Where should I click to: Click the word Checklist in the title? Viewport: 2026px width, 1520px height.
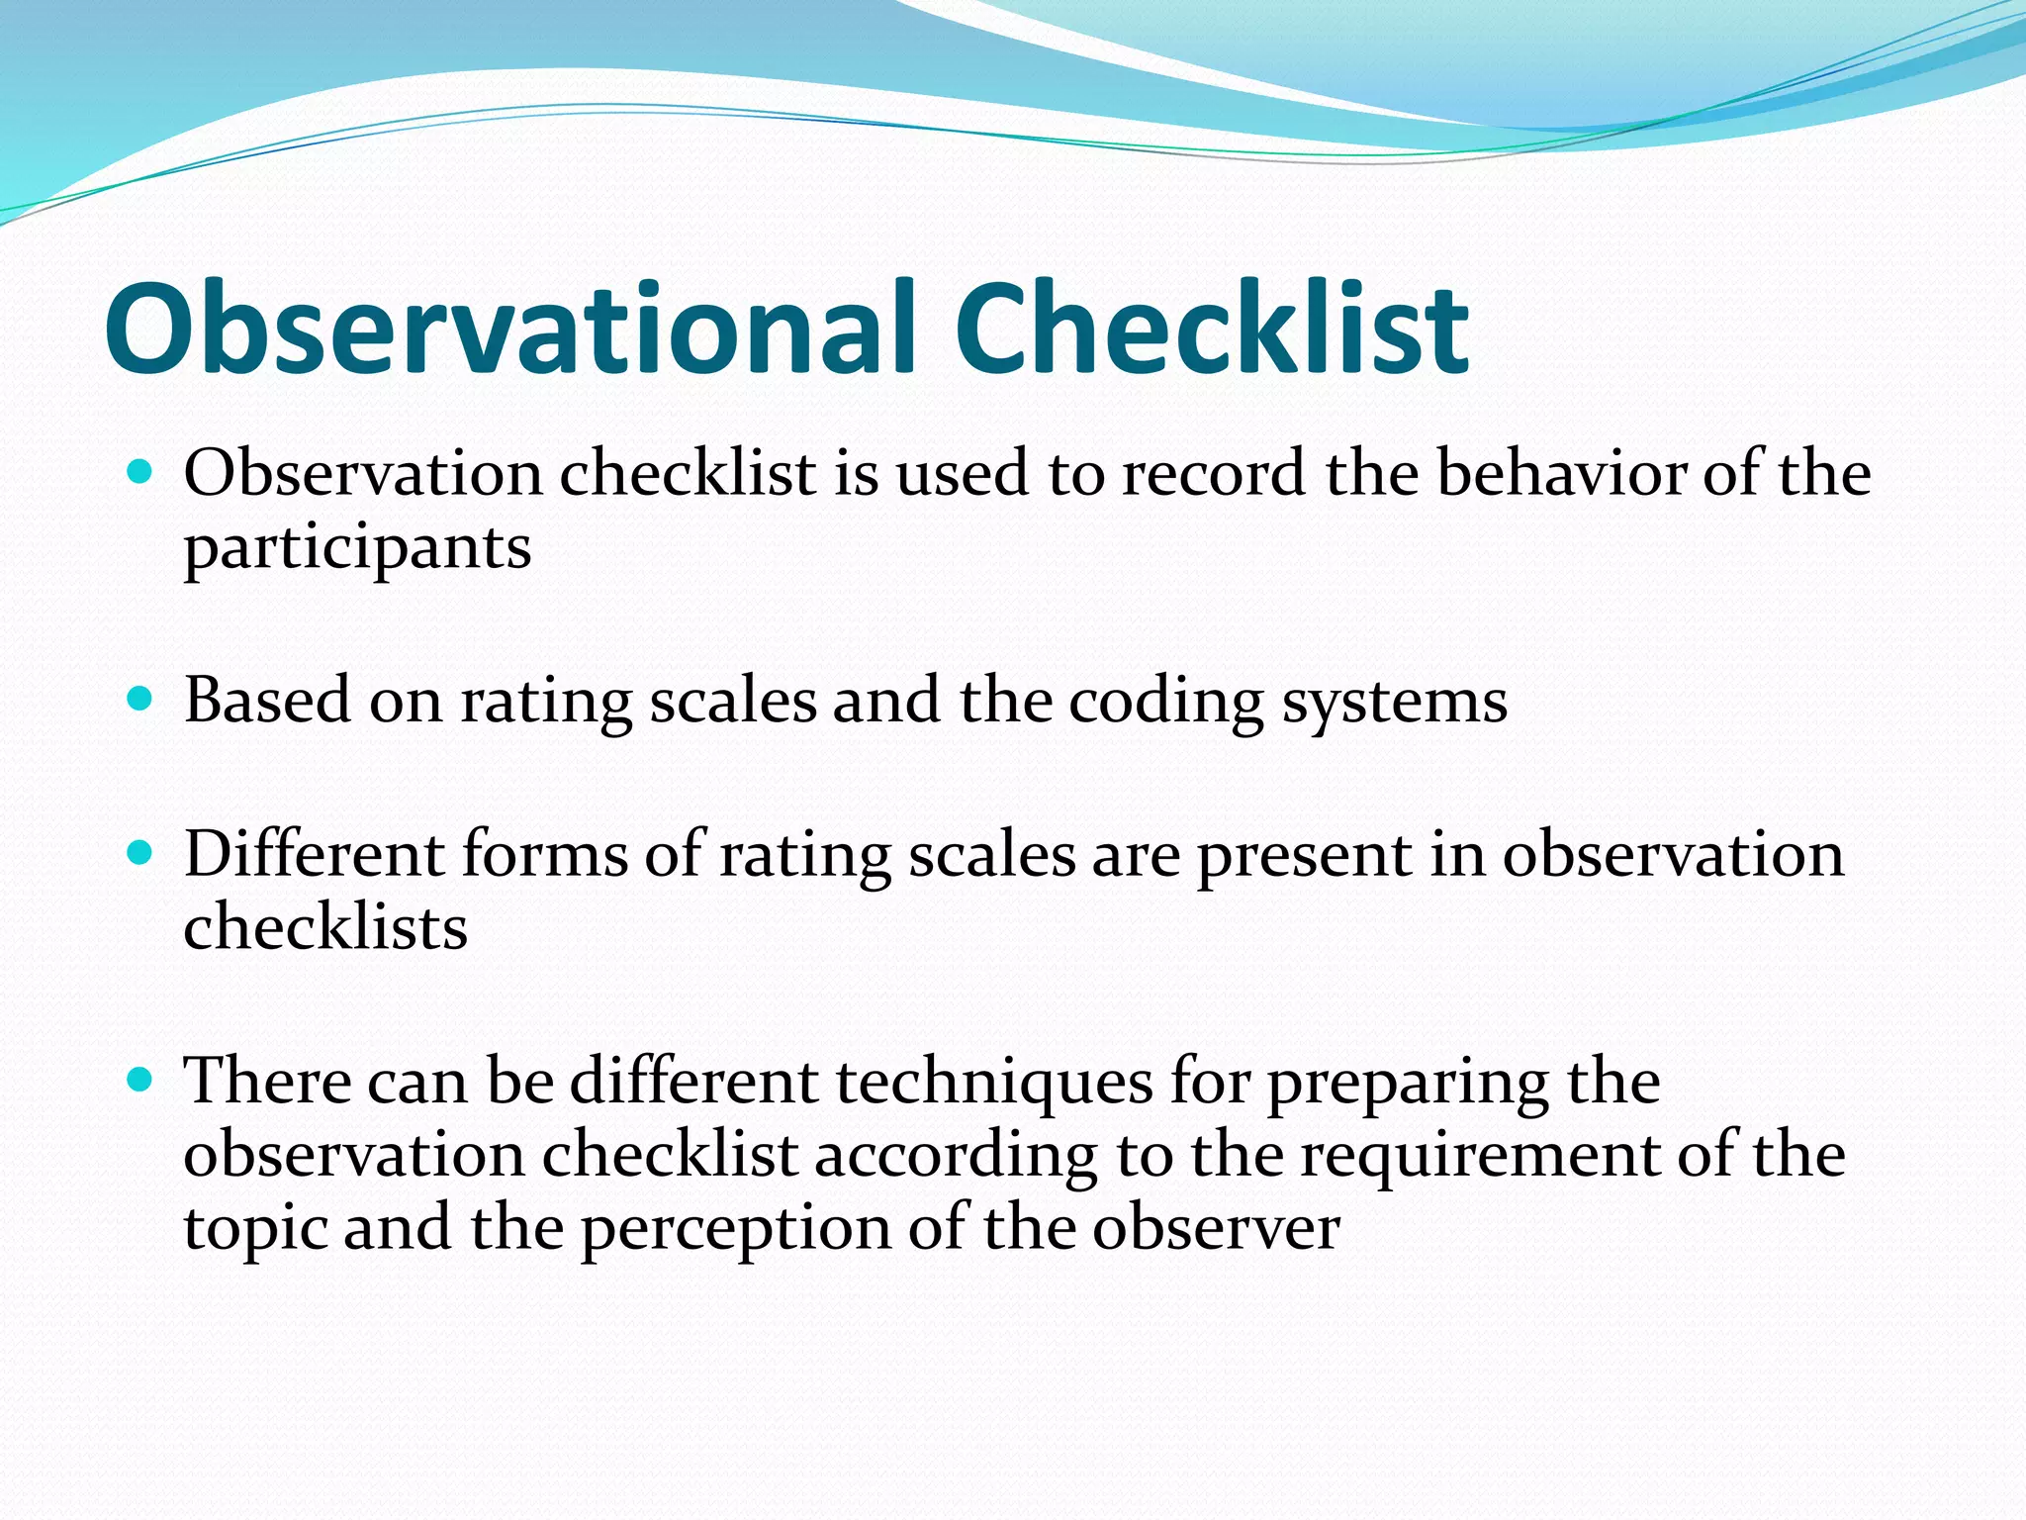pyautogui.click(x=1211, y=330)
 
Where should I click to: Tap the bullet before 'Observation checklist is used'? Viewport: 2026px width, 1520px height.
pyautogui.click(x=140, y=471)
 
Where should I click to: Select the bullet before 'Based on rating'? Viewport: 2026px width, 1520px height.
pyautogui.click(x=140, y=700)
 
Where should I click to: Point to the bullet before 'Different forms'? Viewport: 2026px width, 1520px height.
pyautogui.click(x=140, y=852)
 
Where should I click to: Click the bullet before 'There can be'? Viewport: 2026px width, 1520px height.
pyautogui.click(x=140, y=1079)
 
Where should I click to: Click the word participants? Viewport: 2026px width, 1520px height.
pyautogui.click(x=357, y=549)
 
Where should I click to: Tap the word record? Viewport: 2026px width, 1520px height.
pyautogui.click(x=1214, y=473)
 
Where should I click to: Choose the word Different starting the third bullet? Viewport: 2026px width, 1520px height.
pyautogui.click(x=314, y=853)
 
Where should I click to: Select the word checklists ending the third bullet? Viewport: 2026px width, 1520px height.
pyautogui.click(x=325, y=927)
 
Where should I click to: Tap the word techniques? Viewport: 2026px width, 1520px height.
pyautogui.click(x=994, y=1082)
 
